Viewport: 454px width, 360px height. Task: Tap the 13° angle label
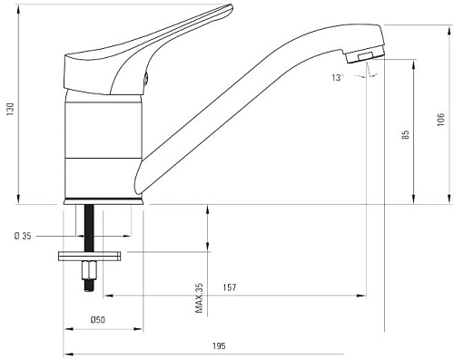click(x=339, y=79)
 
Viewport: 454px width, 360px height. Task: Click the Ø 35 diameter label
click(x=24, y=237)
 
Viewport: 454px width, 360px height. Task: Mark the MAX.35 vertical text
click(x=198, y=298)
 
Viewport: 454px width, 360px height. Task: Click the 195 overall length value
click(x=218, y=345)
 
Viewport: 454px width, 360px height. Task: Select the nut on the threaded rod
click(x=89, y=269)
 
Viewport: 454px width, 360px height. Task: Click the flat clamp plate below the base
click(x=89, y=255)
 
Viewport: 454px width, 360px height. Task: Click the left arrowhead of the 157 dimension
click(x=105, y=295)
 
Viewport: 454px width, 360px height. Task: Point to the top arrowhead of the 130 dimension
click(x=18, y=11)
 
